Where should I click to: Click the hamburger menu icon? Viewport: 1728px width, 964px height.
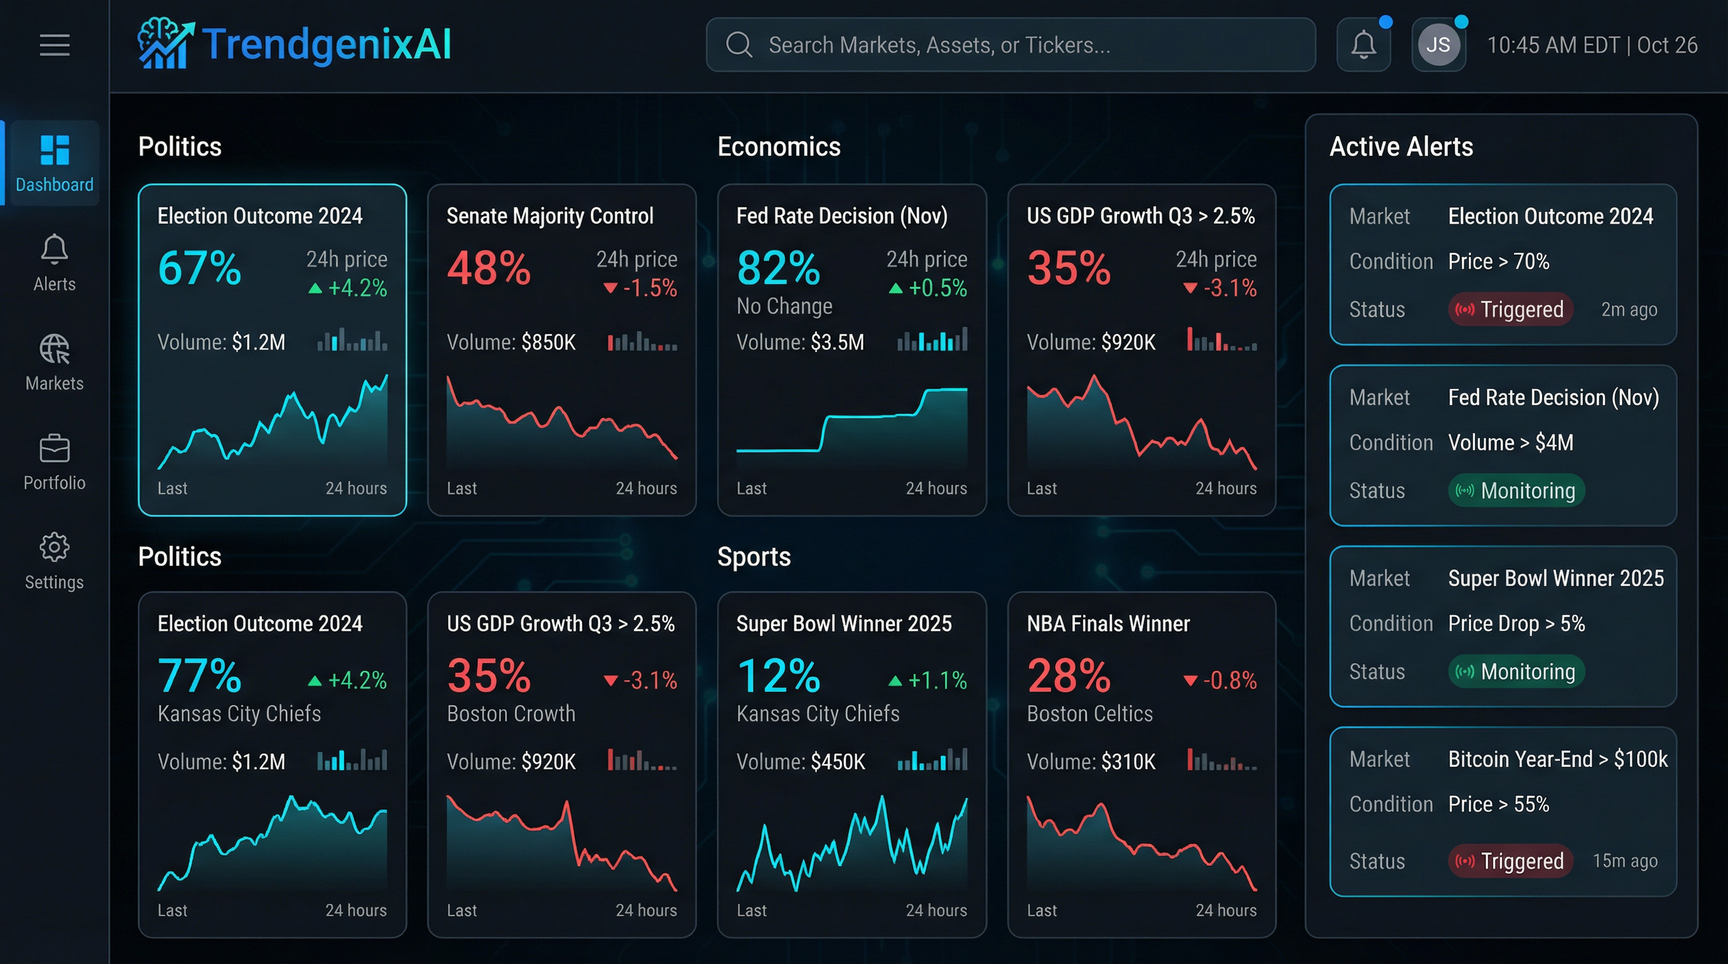pyautogui.click(x=55, y=45)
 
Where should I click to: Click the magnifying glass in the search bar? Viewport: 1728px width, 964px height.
pyautogui.click(x=738, y=45)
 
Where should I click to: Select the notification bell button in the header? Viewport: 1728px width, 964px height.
pyautogui.click(x=1363, y=45)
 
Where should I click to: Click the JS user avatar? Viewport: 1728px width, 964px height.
pyautogui.click(x=1437, y=45)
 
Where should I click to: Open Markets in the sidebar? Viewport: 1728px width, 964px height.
pyautogui.click(x=55, y=362)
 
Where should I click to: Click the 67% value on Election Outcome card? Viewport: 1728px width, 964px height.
pyautogui.click(x=199, y=268)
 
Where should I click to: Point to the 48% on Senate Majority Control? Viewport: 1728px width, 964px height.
pyautogui.click(x=489, y=268)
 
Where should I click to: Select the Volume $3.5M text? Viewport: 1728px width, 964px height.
pyautogui.click(x=801, y=343)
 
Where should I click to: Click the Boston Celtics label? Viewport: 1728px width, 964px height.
pyautogui.click(x=1089, y=714)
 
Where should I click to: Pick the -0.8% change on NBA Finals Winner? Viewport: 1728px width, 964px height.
pyautogui.click(x=1220, y=680)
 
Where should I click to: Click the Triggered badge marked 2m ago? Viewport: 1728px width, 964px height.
pyautogui.click(x=1510, y=309)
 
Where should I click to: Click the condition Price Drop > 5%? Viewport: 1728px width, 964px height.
pyautogui.click(x=1516, y=623)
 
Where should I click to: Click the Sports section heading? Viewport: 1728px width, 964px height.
pyautogui.click(x=753, y=557)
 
